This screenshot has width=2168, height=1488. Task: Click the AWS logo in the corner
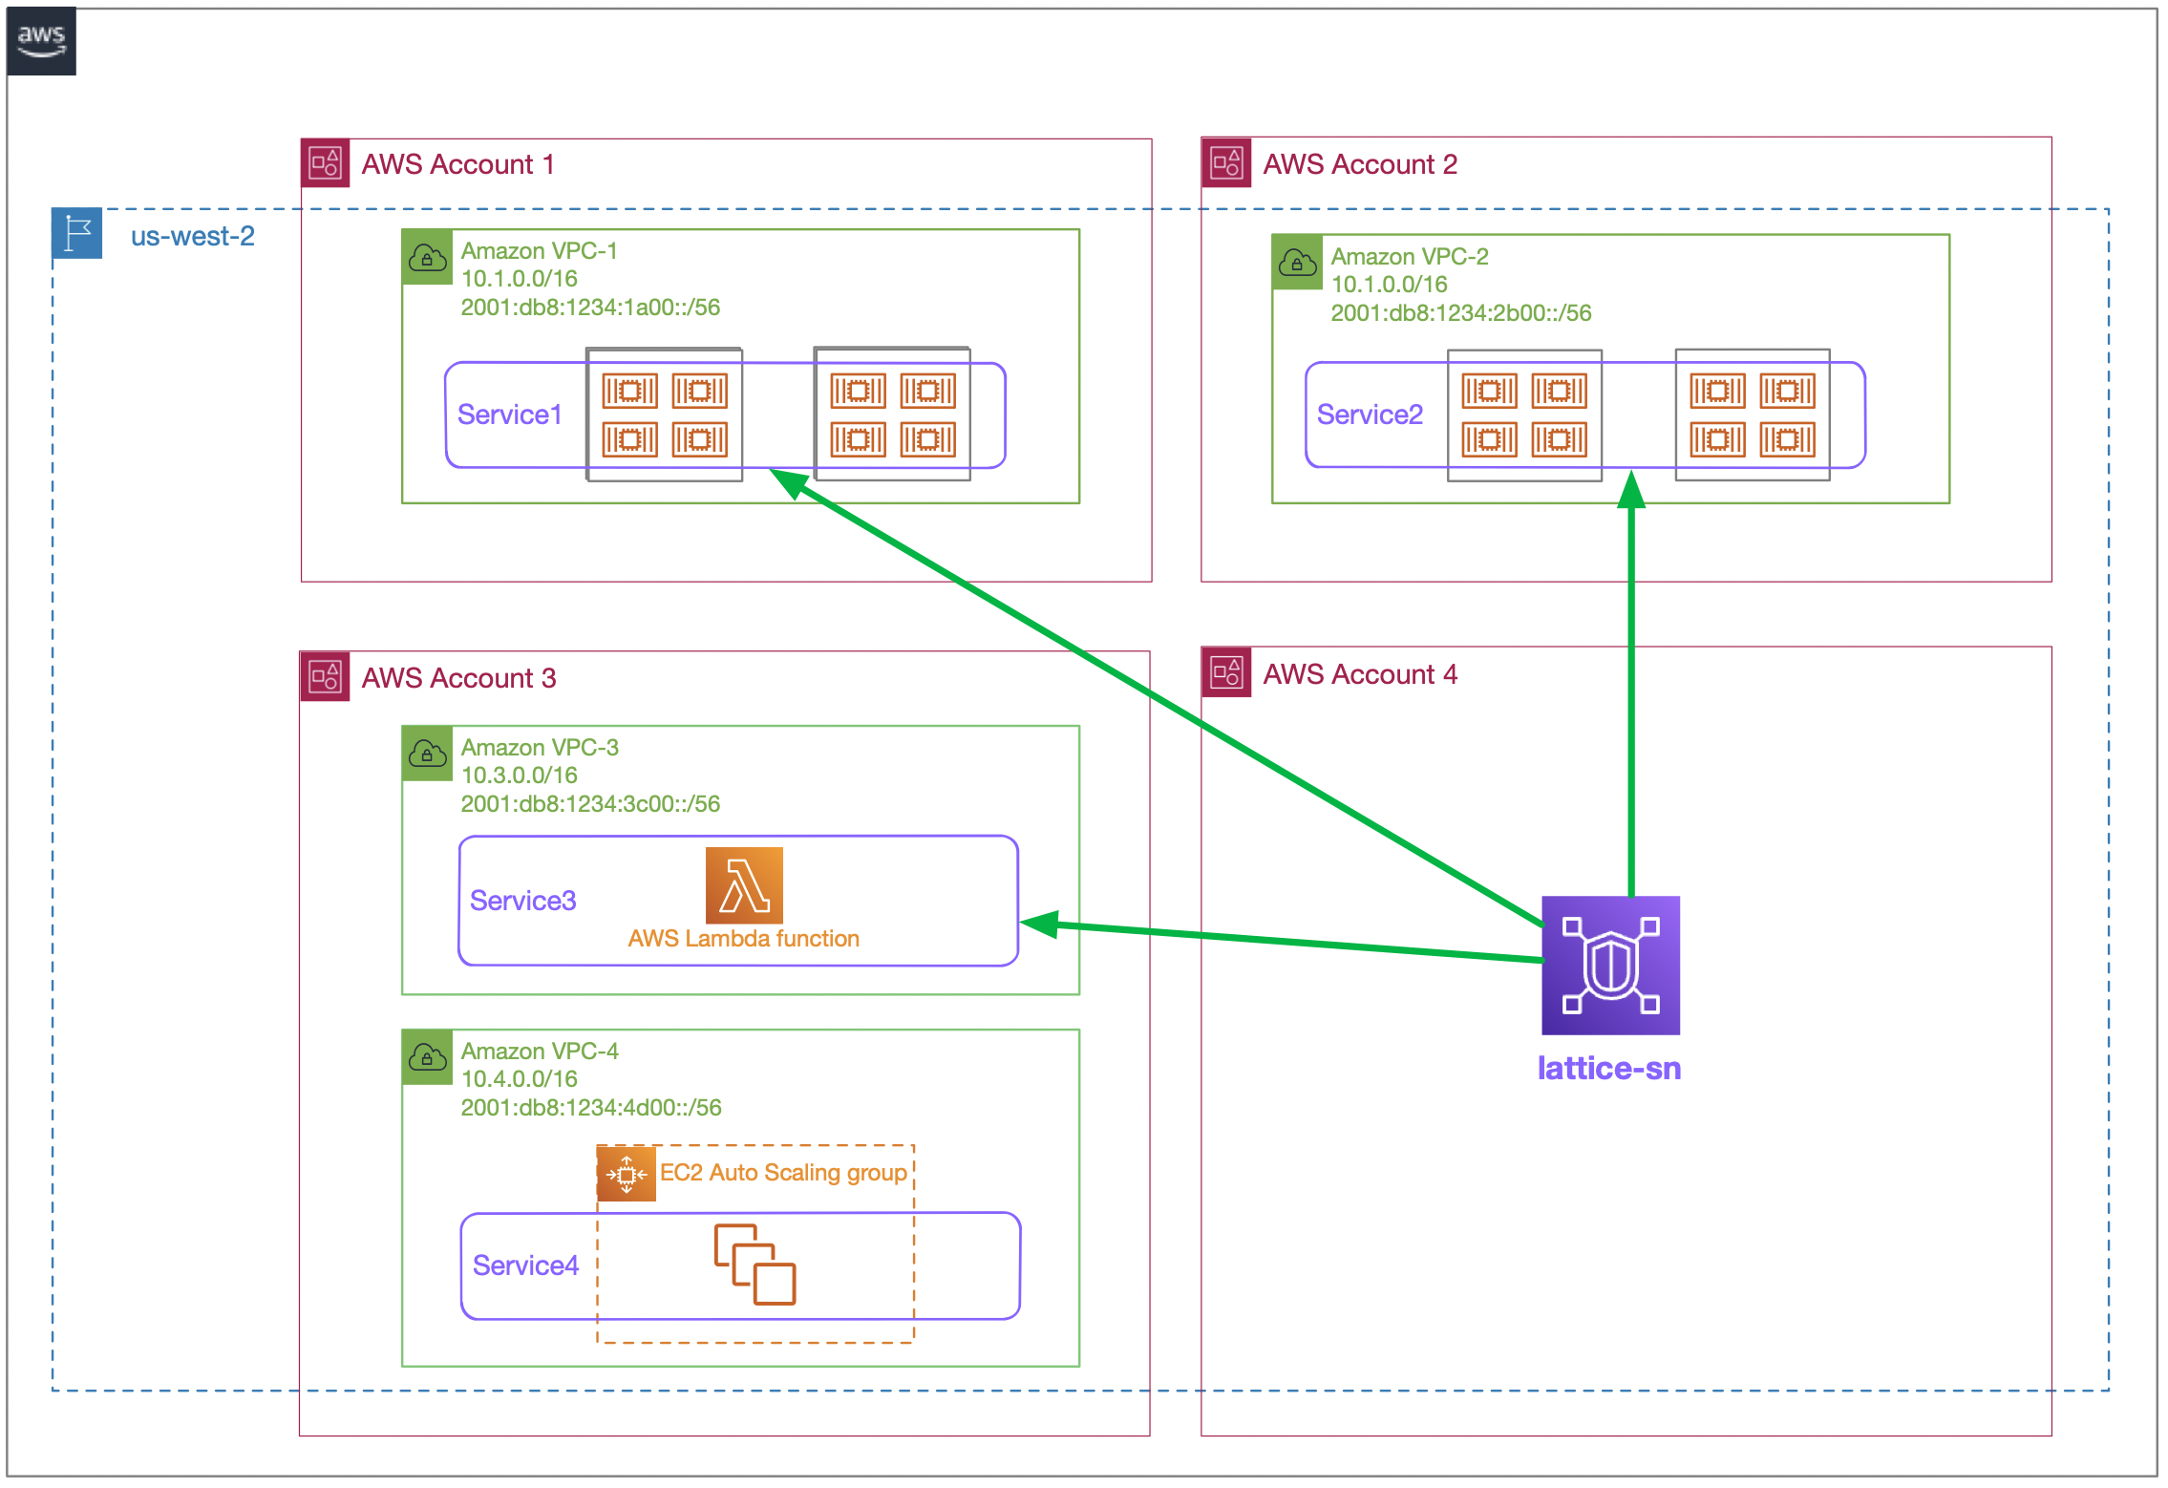pos(41,41)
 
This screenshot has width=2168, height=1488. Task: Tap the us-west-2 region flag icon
pos(76,234)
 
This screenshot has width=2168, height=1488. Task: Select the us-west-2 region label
pos(192,236)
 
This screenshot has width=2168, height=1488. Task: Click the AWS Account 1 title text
pos(457,164)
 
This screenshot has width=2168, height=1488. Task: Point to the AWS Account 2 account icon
pos(1226,163)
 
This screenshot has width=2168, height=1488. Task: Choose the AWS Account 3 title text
pos(458,678)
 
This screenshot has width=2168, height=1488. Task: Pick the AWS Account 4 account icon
pos(1226,673)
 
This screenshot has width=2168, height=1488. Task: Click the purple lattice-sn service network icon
pos(1610,966)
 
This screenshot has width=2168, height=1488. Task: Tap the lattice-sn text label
pos(1609,1068)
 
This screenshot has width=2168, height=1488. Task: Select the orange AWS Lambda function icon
pos(744,885)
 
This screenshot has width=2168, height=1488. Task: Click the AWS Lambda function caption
pos(743,939)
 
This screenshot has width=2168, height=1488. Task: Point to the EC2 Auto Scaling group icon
pos(627,1174)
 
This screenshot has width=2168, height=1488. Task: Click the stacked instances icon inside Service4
pos(755,1265)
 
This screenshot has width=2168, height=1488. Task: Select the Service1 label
pos(509,415)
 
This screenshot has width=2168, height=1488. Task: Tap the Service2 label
pos(1370,415)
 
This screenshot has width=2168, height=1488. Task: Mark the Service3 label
pos(522,901)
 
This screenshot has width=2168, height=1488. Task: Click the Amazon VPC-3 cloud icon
pos(427,755)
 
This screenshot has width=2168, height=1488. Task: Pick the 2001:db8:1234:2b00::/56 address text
pos(1460,313)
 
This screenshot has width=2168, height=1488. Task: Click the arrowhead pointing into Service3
pos(1039,924)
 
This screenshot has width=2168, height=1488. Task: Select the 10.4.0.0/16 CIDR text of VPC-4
pos(519,1079)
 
